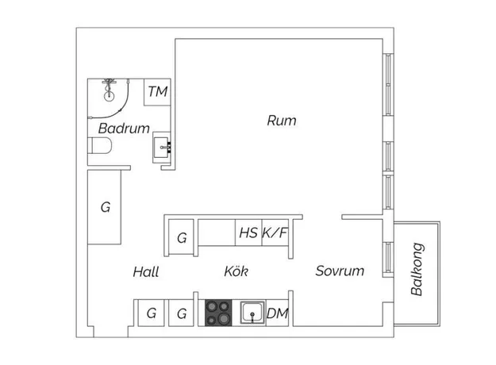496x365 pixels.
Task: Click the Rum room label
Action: [282, 121]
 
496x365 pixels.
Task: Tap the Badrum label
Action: [124, 129]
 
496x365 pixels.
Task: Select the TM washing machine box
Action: [158, 92]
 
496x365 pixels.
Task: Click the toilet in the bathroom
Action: [100, 145]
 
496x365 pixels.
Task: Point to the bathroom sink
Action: [162, 148]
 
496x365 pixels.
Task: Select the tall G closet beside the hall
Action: [105, 207]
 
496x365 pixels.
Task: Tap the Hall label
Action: [145, 272]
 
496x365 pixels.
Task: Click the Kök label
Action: [236, 271]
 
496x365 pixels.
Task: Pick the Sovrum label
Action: [340, 271]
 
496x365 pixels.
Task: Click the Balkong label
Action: [417, 269]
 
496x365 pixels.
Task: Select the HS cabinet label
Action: [248, 232]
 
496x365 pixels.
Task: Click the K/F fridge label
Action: [275, 232]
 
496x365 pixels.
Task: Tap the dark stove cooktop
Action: [218, 313]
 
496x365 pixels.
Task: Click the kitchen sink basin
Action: [252, 313]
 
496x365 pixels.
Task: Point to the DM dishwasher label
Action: [278, 313]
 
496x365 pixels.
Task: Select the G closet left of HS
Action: [181, 237]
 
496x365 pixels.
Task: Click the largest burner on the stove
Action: [223, 319]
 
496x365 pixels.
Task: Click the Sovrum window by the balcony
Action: [388, 257]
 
